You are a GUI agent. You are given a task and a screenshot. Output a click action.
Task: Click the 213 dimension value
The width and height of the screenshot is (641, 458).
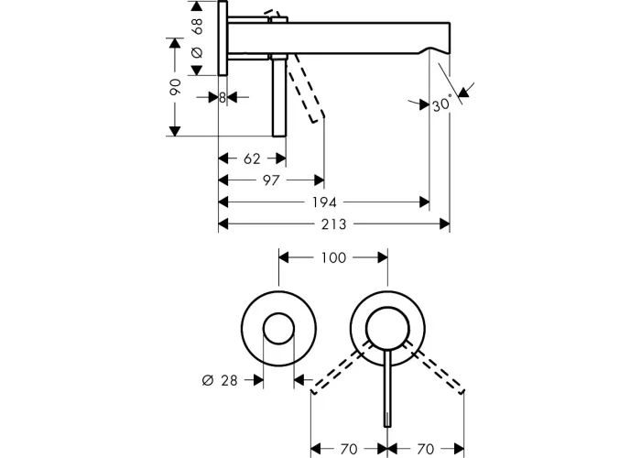pyautogui.click(x=333, y=224)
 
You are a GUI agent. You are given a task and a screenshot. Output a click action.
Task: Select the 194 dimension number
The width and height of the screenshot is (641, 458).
pyautogui.click(x=324, y=202)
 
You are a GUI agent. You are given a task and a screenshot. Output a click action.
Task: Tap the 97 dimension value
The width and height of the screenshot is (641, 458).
pyautogui.click(x=271, y=180)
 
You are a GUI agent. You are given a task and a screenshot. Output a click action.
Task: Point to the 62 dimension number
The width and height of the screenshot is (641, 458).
pyautogui.click(x=252, y=158)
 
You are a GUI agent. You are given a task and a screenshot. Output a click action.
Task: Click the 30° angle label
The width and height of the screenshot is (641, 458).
pyautogui.click(x=442, y=104)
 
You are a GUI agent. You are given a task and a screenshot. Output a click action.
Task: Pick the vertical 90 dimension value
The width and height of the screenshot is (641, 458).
pyautogui.click(x=175, y=87)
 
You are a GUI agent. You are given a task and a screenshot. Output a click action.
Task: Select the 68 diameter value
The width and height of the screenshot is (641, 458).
pyautogui.click(x=197, y=26)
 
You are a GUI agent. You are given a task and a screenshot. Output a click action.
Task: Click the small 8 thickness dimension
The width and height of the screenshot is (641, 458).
pyautogui.click(x=223, y=98)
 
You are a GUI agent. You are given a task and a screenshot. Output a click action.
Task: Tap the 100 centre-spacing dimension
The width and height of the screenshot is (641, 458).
pyautogui.click(x=333, y=258)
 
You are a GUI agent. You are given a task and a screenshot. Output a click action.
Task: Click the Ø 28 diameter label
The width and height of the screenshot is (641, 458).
pyautogui.click(x=220, y=381)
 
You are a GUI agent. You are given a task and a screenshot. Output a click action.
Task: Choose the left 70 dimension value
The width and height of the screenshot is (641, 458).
pyautogui.click(x=349, y=449)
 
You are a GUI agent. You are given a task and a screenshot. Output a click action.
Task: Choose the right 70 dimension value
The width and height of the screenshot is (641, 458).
pyautogui.click(x=425, y=449)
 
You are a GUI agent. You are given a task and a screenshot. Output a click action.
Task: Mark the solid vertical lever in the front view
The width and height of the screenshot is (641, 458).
pyautogui.click(x=387, y=389)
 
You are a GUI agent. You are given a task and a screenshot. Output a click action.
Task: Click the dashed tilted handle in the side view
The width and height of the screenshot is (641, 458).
pyautogui.click(x=305, y=88)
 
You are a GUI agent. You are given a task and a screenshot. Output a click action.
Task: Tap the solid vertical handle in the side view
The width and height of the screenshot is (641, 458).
pyautogui.click(x=279, y=97)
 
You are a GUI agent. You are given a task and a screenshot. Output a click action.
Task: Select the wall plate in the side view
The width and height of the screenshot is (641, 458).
pyautogui.click(x=223, y=38)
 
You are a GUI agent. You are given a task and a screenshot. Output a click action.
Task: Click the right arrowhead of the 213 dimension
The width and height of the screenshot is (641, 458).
pyautogui.click(x=444, y=224)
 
